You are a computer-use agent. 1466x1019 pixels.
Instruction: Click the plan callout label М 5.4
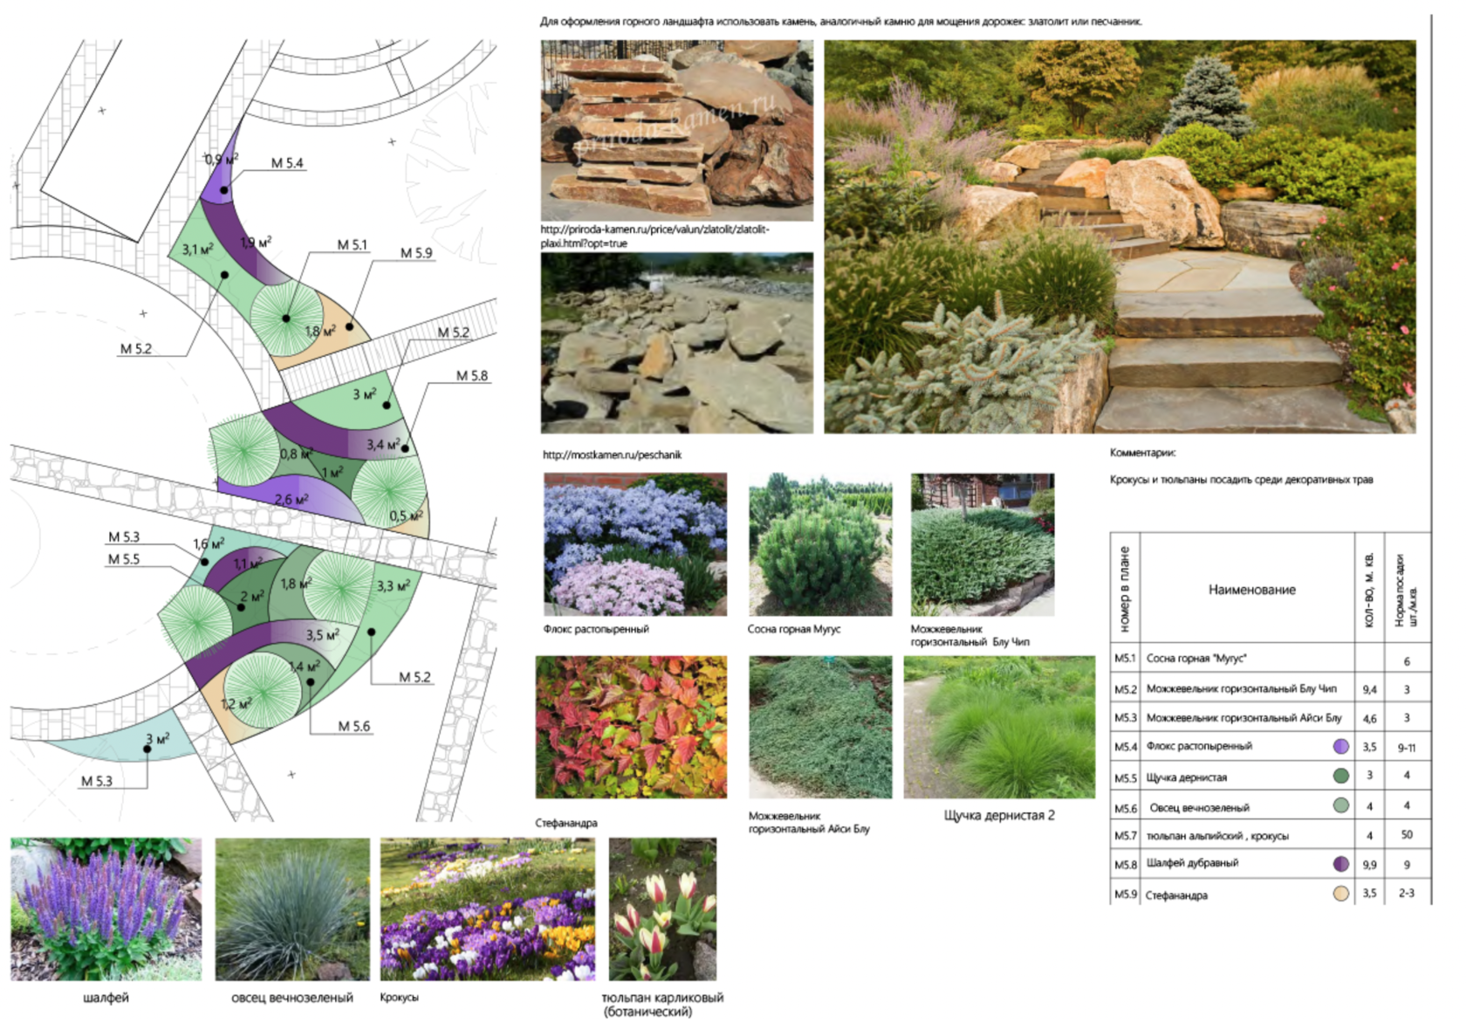point(287,163)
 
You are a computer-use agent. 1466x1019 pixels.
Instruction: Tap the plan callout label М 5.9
point(416,253)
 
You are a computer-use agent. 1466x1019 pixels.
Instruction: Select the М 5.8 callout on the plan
point(472,376)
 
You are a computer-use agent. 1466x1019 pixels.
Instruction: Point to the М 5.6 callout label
point(354,726)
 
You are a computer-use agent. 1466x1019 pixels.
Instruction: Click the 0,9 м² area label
point(221,160)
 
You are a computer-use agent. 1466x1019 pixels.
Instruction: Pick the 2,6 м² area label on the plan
point(291,499)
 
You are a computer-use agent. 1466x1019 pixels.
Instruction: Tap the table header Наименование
point(1251,590)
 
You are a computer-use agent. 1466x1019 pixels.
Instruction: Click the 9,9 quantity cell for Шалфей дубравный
point(1369,865)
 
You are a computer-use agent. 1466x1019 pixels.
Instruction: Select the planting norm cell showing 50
point(1407,835)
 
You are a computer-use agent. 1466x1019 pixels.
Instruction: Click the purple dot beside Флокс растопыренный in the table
point(1341,747)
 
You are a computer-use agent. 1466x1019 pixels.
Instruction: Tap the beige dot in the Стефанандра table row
point(1341,893)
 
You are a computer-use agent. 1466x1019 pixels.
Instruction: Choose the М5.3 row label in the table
point(1125,718)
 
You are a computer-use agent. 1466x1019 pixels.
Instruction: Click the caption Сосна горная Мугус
point(794,629)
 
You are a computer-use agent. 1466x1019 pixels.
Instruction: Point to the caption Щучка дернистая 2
point(999,815)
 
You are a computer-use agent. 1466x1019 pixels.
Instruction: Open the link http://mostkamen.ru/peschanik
point(612,455)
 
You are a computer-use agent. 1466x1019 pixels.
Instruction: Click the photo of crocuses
point(488,909)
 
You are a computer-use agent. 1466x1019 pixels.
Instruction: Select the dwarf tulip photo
point(662,909)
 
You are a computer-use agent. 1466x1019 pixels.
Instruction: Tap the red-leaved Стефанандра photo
point(631,727)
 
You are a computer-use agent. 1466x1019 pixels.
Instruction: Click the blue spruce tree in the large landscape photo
point(1207,96)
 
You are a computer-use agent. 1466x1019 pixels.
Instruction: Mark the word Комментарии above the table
point(1142,453)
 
